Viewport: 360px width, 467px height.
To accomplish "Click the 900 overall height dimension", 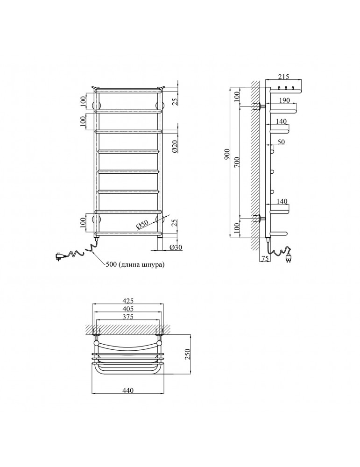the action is (x=227, y=154).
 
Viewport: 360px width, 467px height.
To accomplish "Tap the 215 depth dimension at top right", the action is (x=283, y=77).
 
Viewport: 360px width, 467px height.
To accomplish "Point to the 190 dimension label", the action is (x=284, y=100).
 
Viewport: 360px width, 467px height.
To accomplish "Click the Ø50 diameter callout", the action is (x=143, y=225).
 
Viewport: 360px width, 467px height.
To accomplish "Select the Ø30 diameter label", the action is (x=176, y=247).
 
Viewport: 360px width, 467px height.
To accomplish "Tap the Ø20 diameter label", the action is (x=176, y=147).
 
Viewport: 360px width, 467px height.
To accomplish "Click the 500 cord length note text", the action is (x=134, y=264).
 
